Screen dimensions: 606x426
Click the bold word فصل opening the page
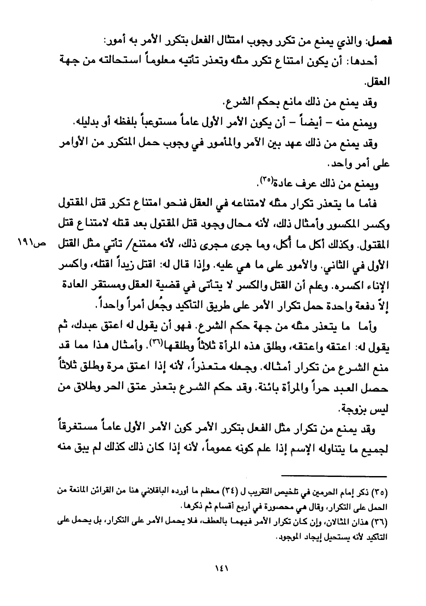coord(379,41)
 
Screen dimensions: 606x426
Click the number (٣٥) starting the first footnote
coord(380,493)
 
